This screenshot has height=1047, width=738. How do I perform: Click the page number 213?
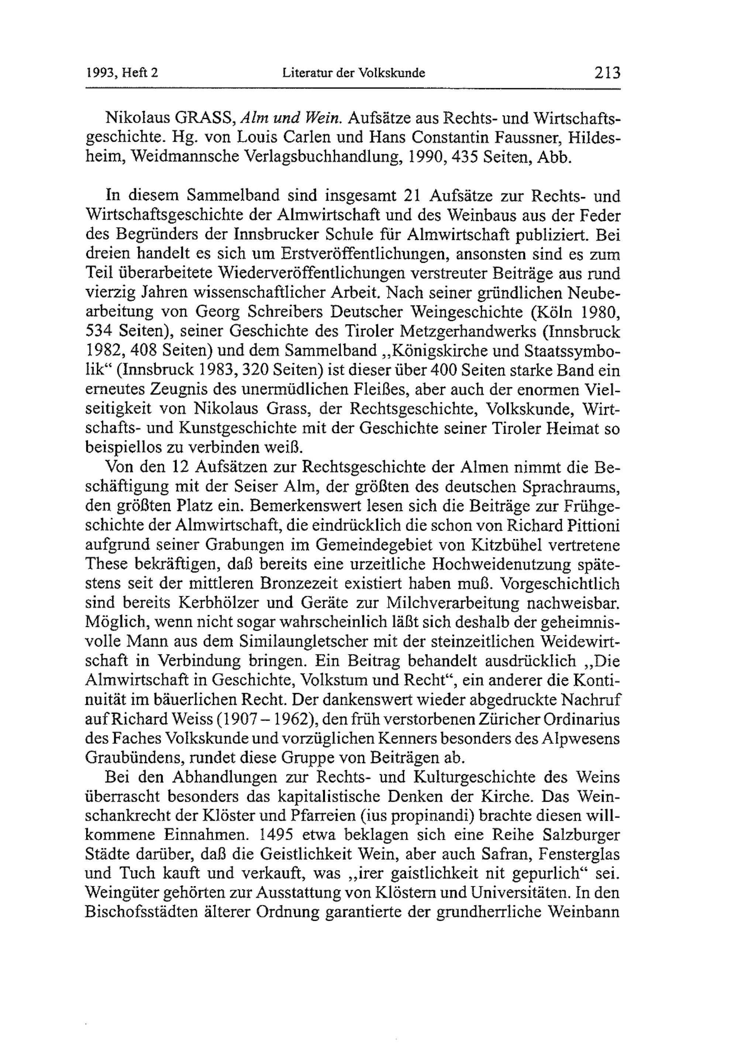click(x=607, y=73)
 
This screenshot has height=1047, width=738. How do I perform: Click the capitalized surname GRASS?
click(x=206, y=118)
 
